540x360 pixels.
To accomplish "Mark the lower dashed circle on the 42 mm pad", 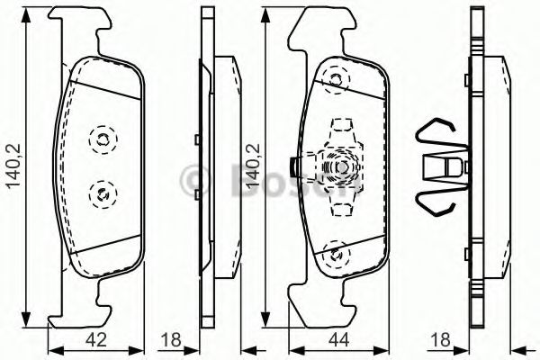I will pos(101,191).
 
